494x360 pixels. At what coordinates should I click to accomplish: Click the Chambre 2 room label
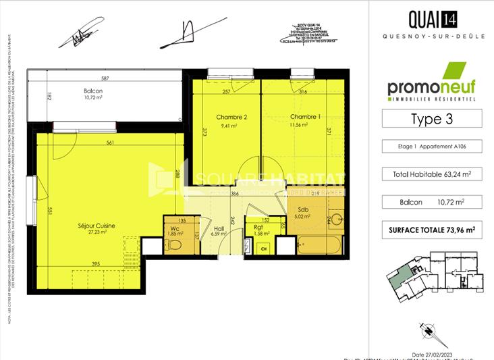pyautogui.click(x=231, y=117)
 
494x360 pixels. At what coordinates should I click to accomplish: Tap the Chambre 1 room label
pyautogui.click(x=301, y=116)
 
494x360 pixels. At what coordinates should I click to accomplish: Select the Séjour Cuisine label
pyautogui.click(x=96, y=225)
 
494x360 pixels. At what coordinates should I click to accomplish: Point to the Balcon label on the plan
pyautogui.click(x=93, y=91)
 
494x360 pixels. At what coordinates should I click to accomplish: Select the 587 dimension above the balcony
pyautogui.click(x=105, y=79)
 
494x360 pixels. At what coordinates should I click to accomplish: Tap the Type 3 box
pyautogui.click(x=432, y=119)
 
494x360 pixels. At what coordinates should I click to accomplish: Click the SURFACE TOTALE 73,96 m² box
pyautogui.click(x=432, y=230)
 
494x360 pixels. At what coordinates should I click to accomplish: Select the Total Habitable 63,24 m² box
pyautogui.click(x=432, y=174)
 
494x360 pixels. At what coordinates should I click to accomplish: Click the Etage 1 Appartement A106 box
pyautogui.click(x=432, y=147)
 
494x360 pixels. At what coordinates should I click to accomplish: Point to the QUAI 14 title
pyautogui.click(x=432, y=18)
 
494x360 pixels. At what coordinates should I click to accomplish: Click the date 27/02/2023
pyautogui.click(x=435, y=354)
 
